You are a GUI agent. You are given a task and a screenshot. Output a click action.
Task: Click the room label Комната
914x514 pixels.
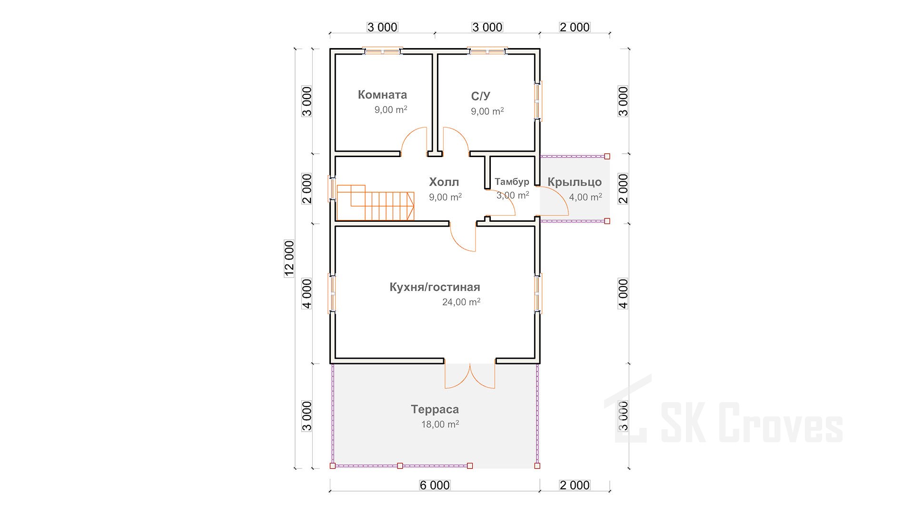382,95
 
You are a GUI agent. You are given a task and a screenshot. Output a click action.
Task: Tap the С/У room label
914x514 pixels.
480,96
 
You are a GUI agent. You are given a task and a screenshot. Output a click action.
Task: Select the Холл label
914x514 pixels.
444,182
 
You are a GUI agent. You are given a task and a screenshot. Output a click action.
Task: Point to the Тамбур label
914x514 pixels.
512,181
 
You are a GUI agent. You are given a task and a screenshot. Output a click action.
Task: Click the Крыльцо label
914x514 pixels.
575,182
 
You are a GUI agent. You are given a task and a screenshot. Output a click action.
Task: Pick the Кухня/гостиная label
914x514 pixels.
435,287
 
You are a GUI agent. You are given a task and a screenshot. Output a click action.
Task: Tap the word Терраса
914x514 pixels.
435,409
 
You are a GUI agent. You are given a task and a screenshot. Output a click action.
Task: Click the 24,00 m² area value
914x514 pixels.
461,302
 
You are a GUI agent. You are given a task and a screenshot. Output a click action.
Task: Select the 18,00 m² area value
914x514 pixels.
440,424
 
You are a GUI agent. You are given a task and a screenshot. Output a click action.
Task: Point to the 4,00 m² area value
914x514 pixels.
586,197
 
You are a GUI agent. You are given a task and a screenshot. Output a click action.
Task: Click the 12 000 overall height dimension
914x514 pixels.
289,258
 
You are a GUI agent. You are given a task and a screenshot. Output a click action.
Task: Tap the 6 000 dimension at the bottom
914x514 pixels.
435,485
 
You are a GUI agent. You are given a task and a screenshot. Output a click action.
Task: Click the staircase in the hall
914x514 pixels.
375,203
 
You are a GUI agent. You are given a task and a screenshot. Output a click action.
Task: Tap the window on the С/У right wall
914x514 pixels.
538,100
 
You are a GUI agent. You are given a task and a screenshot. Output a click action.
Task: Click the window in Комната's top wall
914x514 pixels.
382,50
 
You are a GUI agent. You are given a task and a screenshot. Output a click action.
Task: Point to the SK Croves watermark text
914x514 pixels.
751,422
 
